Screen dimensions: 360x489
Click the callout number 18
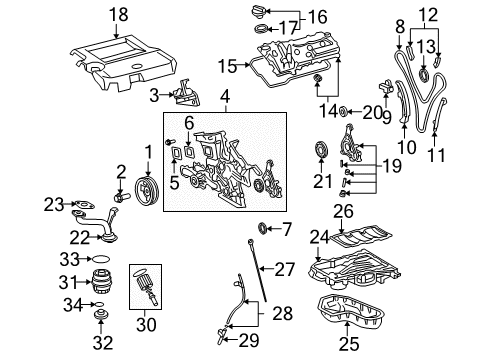[119, 15]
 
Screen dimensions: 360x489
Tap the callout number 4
[226, 96]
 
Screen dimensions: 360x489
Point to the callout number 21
[322, 181]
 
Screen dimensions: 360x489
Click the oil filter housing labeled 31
[99, 281]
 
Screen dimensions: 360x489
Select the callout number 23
[52, 203]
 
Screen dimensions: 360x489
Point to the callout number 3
[154, 94]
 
